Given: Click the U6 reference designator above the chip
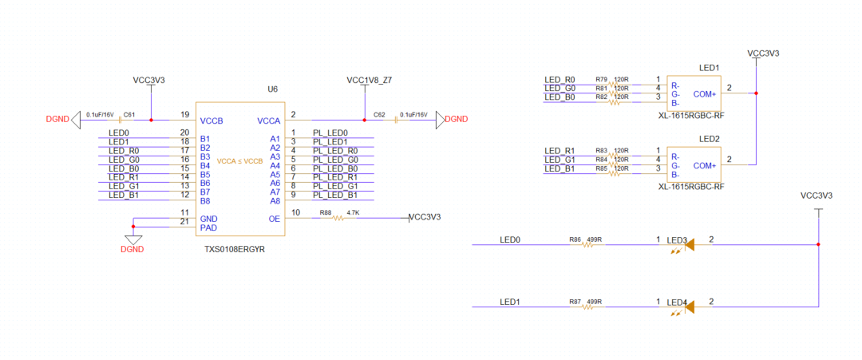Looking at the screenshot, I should click(x=272, y=89).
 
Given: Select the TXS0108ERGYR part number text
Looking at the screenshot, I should click(x=235, y=250).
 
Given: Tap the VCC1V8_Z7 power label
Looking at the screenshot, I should click(x=369, y=81).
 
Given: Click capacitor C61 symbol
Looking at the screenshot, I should click(x=120, y=120).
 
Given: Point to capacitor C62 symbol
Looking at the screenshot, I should click(x=396, y=120).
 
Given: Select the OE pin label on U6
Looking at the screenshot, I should click(x=274, y=219).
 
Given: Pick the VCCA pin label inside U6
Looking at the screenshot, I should click(x=268, y=121).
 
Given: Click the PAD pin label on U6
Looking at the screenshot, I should click(x=208, y=227).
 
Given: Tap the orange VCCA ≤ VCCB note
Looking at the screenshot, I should click(x=239, y=161).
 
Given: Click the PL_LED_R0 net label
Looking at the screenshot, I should click(x=335, y=150).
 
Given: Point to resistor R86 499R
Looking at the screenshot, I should click(x=587, y=245).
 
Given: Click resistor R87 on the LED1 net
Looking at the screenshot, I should click(x=587, y=307).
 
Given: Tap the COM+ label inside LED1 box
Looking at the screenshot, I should click(x=705, y=93).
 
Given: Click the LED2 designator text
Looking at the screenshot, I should click(x=709, y=139).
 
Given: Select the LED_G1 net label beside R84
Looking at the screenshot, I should click(x=560, y=160).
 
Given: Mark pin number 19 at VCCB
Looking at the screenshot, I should click(x=184, y=114).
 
